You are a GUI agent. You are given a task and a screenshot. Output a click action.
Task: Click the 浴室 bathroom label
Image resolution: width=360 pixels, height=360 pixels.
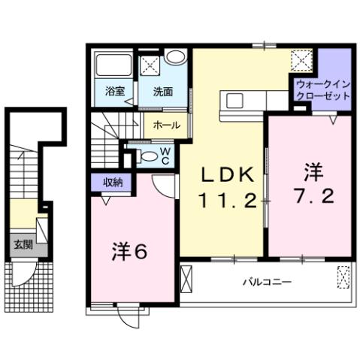tap(115, 92)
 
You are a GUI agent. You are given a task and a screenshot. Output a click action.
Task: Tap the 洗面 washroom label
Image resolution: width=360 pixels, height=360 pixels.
tap(163, 92)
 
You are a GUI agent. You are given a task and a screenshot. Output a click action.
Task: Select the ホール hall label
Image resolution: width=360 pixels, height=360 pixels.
tap(165, 126)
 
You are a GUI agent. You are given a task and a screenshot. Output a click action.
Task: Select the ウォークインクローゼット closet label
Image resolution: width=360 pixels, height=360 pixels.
tap(323, 91)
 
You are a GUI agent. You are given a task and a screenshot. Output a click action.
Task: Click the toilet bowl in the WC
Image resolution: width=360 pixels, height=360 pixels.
tap(150, 156)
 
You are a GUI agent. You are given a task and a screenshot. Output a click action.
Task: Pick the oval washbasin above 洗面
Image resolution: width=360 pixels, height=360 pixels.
tap(176, 58)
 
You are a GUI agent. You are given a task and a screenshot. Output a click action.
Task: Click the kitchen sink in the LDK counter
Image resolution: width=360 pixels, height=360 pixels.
tap(233, 101)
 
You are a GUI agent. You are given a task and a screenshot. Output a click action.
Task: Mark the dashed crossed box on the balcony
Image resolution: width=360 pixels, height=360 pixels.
tap(343, 277)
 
